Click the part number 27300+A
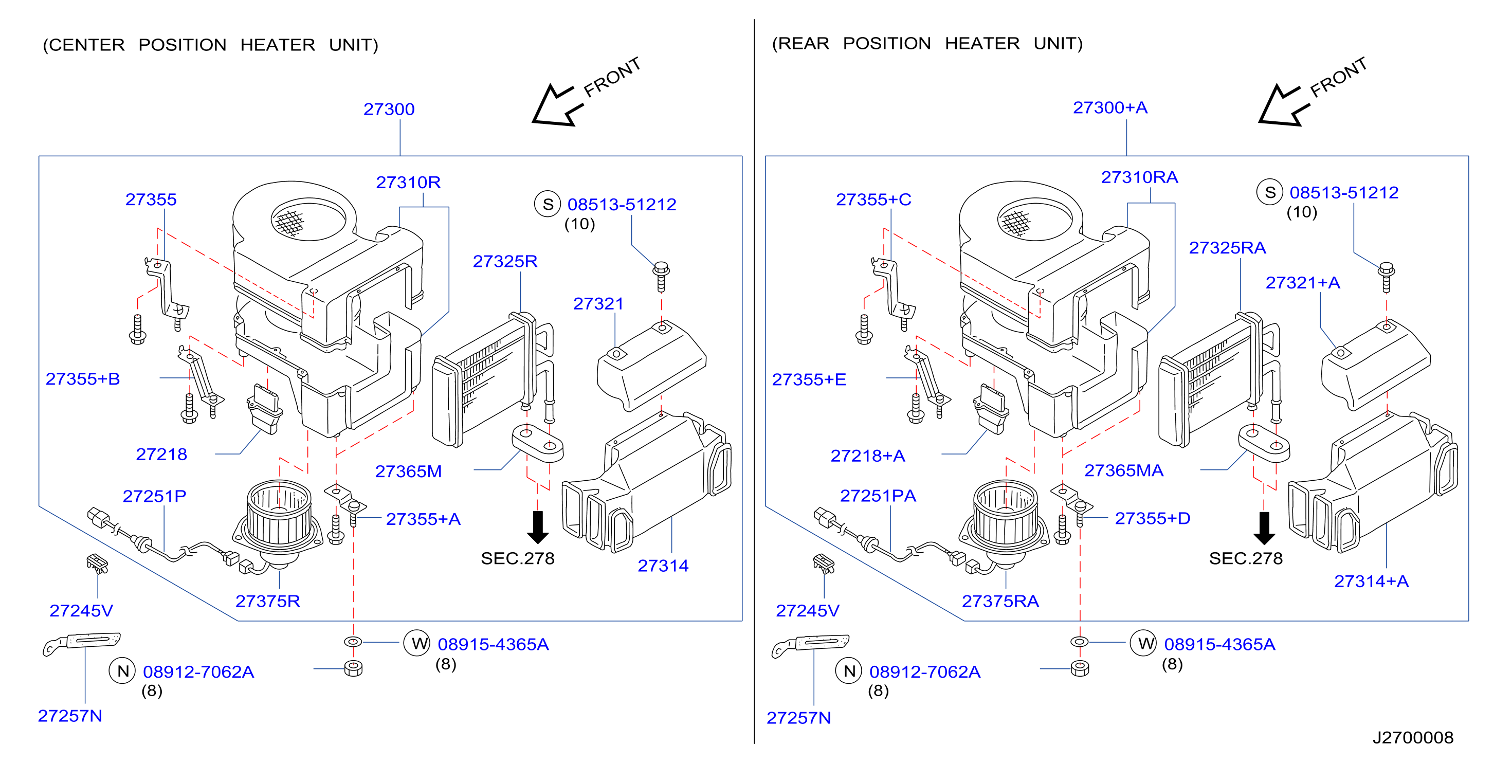click(x=1109, y=108)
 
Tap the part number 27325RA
click(x=1227, y=248)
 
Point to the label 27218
click(x=161, y=455)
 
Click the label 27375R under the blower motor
click(x=268, y=601)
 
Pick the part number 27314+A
click(x=1371, y=581)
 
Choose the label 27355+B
click(x=83, y=379)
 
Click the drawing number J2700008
click(x=1413, y=737)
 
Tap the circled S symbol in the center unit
click(x=548, y=204)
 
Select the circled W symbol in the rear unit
click(x=1144, y=643)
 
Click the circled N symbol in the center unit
click(x=123, y=671)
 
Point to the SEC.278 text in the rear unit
click(x=1246, y=558)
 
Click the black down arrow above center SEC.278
click(x=538, y=527)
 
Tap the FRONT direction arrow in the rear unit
click(x=1284, y=105)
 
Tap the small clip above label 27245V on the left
click(x=98, y=563)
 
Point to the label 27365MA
click(x=1123, y=471)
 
